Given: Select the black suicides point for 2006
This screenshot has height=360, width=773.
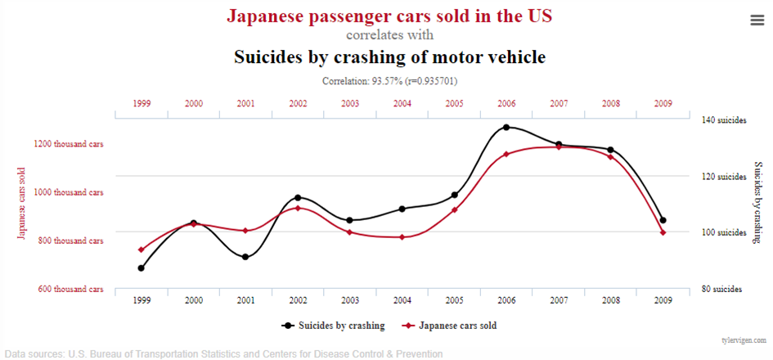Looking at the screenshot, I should [506, 128].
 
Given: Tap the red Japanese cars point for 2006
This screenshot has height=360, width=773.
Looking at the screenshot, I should [506, 154].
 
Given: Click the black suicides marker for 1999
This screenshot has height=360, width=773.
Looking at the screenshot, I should [142, 268].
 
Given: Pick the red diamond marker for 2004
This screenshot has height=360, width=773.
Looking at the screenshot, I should [402, 237].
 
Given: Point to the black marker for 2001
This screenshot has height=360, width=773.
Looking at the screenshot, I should [245, 257].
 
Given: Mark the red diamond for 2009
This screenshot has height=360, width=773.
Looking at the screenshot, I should [663, 232].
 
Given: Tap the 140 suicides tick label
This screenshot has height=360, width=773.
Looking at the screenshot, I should [724, 120].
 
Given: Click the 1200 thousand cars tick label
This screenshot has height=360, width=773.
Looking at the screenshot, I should [69, 144].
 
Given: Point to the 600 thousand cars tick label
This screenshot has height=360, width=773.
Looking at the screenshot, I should [69, 289].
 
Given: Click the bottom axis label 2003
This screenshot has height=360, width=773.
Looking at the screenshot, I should [350, 301].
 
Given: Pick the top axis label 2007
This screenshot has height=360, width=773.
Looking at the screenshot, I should [559, 104].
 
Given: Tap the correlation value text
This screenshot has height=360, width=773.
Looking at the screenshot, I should [389, 81].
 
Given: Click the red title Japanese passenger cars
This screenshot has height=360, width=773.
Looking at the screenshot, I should [389, 16].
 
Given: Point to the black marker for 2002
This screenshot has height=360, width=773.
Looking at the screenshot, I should [298, 198].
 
